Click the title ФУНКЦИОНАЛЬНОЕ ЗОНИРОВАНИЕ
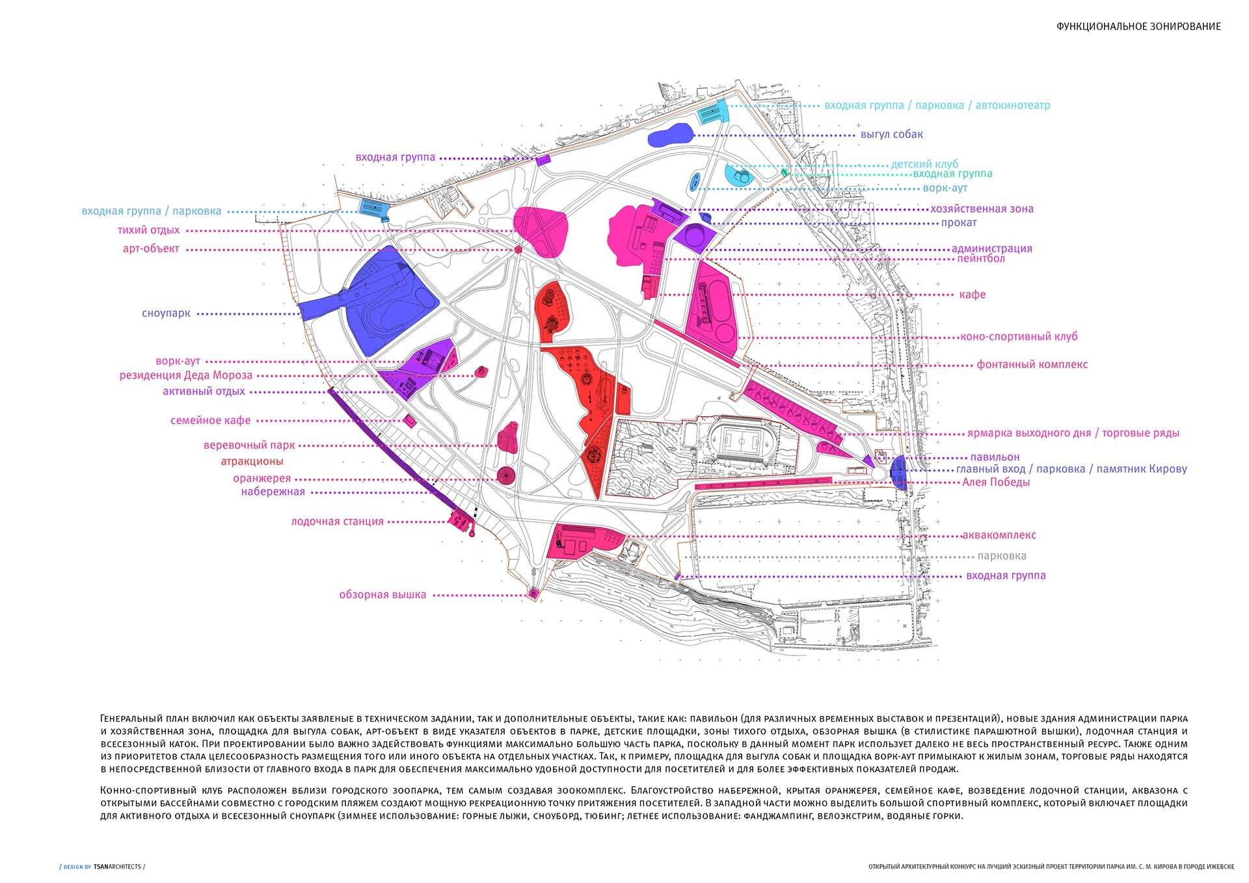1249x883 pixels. (1138, 27)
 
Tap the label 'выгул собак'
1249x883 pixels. (891, 135)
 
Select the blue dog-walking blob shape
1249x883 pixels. (670, 135)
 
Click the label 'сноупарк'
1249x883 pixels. (166, 313)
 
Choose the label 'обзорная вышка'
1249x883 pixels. (383, 595)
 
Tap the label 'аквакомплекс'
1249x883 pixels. (999, 536)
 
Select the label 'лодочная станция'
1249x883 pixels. (337, 521)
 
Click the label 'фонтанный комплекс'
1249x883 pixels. (1032, 365)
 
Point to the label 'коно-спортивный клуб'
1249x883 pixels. (1019, 337)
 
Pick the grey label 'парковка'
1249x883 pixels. (1002, 556)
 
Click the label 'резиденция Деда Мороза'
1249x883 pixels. (185, 375)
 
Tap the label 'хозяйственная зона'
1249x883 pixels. (982, 209)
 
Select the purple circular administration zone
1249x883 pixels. (693, 235)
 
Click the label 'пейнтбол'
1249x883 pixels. (980, 259)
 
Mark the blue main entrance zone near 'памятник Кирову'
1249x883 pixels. (898, 472)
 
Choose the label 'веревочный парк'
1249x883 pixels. (249, 445)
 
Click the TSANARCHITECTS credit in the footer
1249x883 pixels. (117, 867)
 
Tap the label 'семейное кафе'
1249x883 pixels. (210, 421)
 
